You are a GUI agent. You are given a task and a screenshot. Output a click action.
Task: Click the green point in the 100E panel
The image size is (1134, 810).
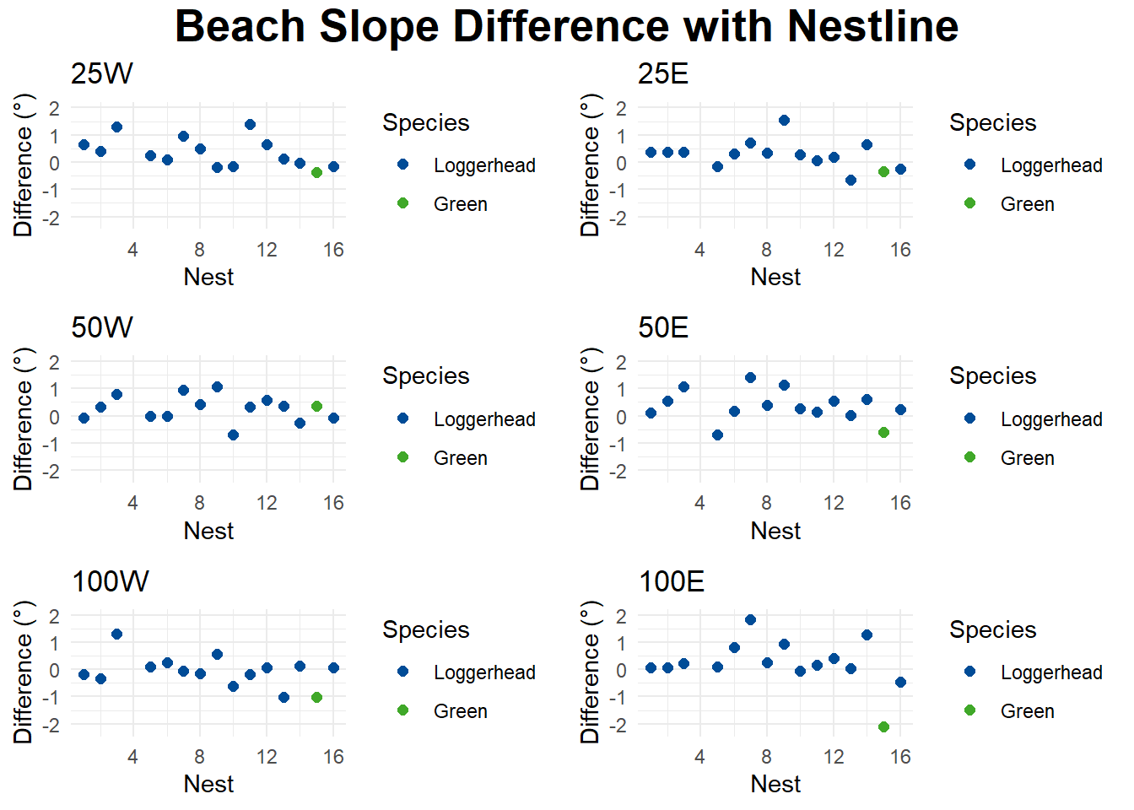pos(883,726)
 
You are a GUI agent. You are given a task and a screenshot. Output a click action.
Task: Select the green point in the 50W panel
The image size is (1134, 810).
pos(316,406)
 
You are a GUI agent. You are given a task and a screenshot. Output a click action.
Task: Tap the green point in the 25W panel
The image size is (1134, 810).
pos(316,172)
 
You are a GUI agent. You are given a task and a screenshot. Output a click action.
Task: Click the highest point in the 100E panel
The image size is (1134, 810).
pos(750,619)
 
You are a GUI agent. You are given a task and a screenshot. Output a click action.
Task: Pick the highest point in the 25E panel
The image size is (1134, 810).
pos(784,120)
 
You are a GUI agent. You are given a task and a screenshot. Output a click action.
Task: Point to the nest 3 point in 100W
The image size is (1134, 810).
pos(116,634)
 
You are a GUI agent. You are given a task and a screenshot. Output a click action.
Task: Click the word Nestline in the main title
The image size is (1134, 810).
pos(872,26)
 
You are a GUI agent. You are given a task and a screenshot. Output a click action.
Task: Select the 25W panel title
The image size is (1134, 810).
pos(102,74)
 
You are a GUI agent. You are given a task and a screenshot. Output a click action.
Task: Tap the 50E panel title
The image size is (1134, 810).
pos(663,327)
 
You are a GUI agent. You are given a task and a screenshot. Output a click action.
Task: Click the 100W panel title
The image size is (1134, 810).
pos(111,581)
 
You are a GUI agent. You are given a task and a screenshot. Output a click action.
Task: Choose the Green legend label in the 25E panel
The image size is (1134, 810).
pos(1027,204)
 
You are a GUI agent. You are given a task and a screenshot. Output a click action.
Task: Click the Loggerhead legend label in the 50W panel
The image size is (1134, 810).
pos(484,419)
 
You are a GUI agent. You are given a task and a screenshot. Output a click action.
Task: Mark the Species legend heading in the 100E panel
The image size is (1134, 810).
pos(992,629)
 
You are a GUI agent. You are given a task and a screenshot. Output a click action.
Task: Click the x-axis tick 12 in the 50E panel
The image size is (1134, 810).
pos(834,503)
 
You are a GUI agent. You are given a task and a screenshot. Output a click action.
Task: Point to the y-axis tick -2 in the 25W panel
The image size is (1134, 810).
pos(53,218)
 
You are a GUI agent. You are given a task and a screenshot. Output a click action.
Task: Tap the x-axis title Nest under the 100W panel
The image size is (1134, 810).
pos(208,784)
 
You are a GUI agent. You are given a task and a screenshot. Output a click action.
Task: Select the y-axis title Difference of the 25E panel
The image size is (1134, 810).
pos(590,165)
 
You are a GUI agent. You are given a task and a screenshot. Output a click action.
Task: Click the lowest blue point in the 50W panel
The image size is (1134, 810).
pos(233,435)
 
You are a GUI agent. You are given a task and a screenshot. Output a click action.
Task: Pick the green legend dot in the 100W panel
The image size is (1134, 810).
pos(402,710)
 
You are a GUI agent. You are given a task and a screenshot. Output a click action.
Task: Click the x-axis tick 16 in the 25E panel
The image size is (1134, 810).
pos(900,250)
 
